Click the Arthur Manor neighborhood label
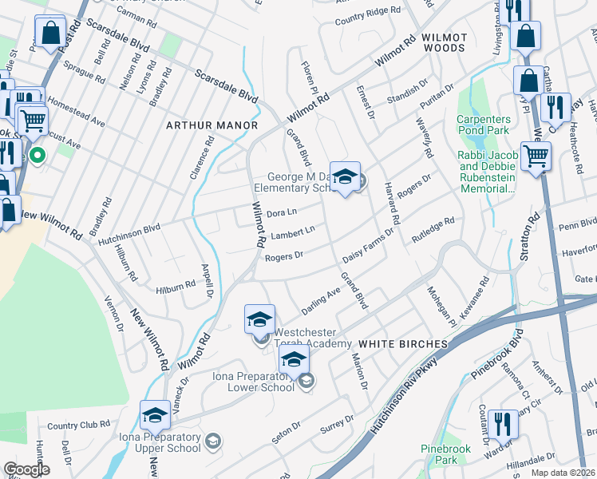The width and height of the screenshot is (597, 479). pyautogui.click(x=212, y=125)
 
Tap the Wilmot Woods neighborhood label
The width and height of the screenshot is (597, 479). pyautogui.click(x=443, y=42)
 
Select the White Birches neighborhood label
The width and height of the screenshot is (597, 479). pyautogui.click(x=402, y=343)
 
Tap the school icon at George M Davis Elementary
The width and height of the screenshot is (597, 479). pyautogui.click(x=345, y=177)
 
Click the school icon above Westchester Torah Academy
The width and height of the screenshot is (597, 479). pyautogui.click(x=259, y=319)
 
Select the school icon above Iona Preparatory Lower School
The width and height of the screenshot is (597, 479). pyautogui.click(x=294, y=361)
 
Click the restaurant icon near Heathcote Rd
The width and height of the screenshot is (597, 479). pyautogui.click(x=555, y=108)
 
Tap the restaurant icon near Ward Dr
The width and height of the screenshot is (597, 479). pyautogui.click(x=503, y=422)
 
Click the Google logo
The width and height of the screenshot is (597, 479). pyautogui.click(x=26, y=469)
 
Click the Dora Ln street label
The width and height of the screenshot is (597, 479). pyautogui.click(x=281, y=212)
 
